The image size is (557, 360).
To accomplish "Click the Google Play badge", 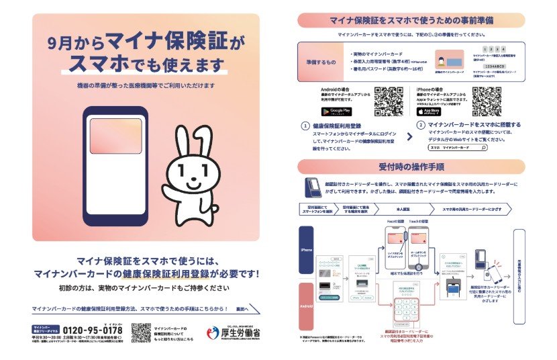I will (336, 111).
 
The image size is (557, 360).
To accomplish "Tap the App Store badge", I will (429, 111).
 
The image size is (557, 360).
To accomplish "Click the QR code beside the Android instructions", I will (388, 101).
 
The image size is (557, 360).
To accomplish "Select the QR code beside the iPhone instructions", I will (487, 101).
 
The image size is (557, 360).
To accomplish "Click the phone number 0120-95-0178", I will (92, 330).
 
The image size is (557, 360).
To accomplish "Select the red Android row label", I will (306, 308).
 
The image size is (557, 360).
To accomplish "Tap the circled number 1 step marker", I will (306, 126).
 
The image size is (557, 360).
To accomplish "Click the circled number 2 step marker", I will (421, 126).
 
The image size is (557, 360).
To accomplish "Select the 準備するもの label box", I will (319, 62).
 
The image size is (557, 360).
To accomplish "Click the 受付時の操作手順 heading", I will (411, 167).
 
